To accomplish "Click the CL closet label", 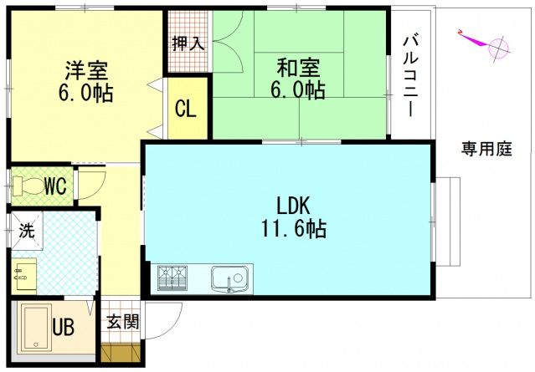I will coord(186,109).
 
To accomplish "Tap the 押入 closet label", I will coord(188,43).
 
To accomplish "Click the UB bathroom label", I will coord(64,327).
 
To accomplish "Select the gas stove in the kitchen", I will coord(172,277).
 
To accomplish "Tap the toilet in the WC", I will coord(29,185).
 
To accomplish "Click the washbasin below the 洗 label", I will coord(24,273).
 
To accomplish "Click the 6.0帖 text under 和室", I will coord(298,89).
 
